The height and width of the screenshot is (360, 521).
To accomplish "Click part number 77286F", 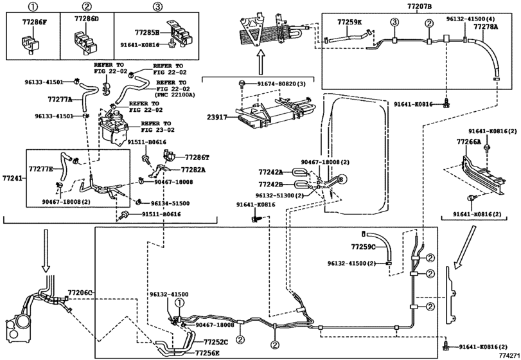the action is click(35, 22).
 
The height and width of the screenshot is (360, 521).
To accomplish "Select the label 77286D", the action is click(86, 19).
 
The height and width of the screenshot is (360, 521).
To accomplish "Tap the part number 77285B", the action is click(147, 32).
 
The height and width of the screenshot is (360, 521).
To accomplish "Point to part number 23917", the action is click(217, 117).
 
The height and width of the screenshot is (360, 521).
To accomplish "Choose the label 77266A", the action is click(468, 142).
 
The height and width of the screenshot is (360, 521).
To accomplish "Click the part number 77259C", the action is click(363, 247).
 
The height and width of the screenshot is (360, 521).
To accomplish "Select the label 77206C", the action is click(80, 292).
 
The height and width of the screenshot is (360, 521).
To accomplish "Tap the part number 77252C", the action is click(216, 342).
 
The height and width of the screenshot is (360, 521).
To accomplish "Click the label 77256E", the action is click(207, 353).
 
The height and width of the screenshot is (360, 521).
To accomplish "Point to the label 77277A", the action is click(60, 99).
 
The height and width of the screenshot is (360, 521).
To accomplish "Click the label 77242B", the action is click(271, 184).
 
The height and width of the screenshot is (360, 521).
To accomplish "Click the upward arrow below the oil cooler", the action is click(261, 62).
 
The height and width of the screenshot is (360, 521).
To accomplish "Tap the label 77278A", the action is click(486, 26).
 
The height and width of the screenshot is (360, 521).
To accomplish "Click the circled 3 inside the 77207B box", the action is click(394, 23).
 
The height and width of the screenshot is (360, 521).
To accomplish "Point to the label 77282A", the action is click(193, 170).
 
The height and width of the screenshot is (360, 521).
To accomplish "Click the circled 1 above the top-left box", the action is click(33, 6).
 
